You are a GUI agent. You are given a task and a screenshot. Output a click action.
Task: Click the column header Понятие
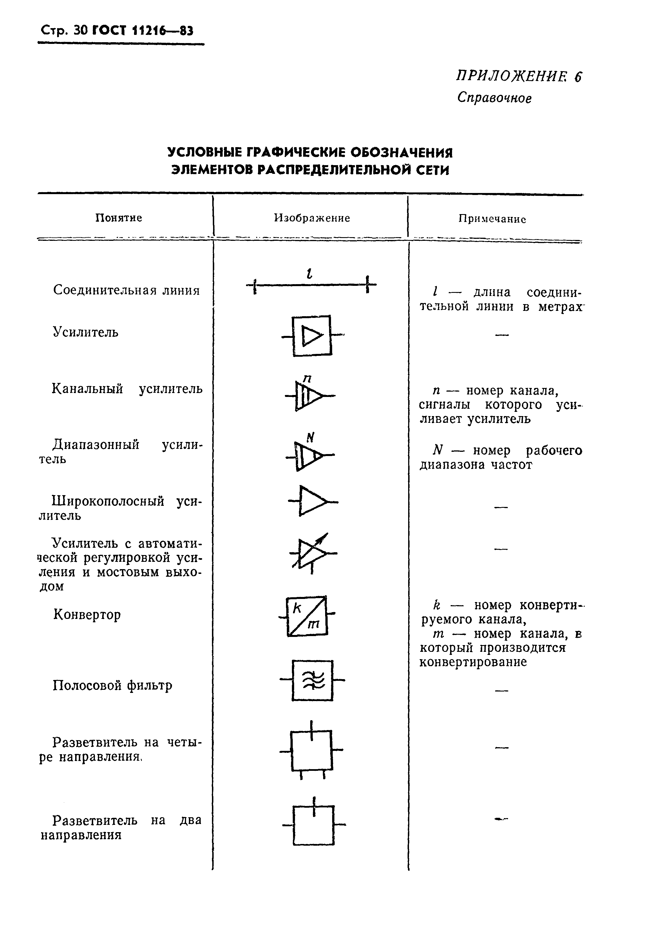click(x=119, y=218)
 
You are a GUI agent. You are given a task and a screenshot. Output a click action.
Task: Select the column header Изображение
click(x=312, y=218)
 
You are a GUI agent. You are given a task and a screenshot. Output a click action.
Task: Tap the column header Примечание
click(x=492, y=219)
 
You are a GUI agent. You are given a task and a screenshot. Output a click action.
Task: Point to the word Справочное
click(x=494, y=98)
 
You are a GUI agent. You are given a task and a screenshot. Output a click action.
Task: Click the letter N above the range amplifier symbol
click(x=310, y=437)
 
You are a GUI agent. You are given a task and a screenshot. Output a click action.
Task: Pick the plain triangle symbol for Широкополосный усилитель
click(x=312, y=501)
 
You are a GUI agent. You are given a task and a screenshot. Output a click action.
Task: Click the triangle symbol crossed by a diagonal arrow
click(x=312, y=552)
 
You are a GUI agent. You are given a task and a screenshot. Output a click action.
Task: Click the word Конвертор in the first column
click(x=87, y=615)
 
